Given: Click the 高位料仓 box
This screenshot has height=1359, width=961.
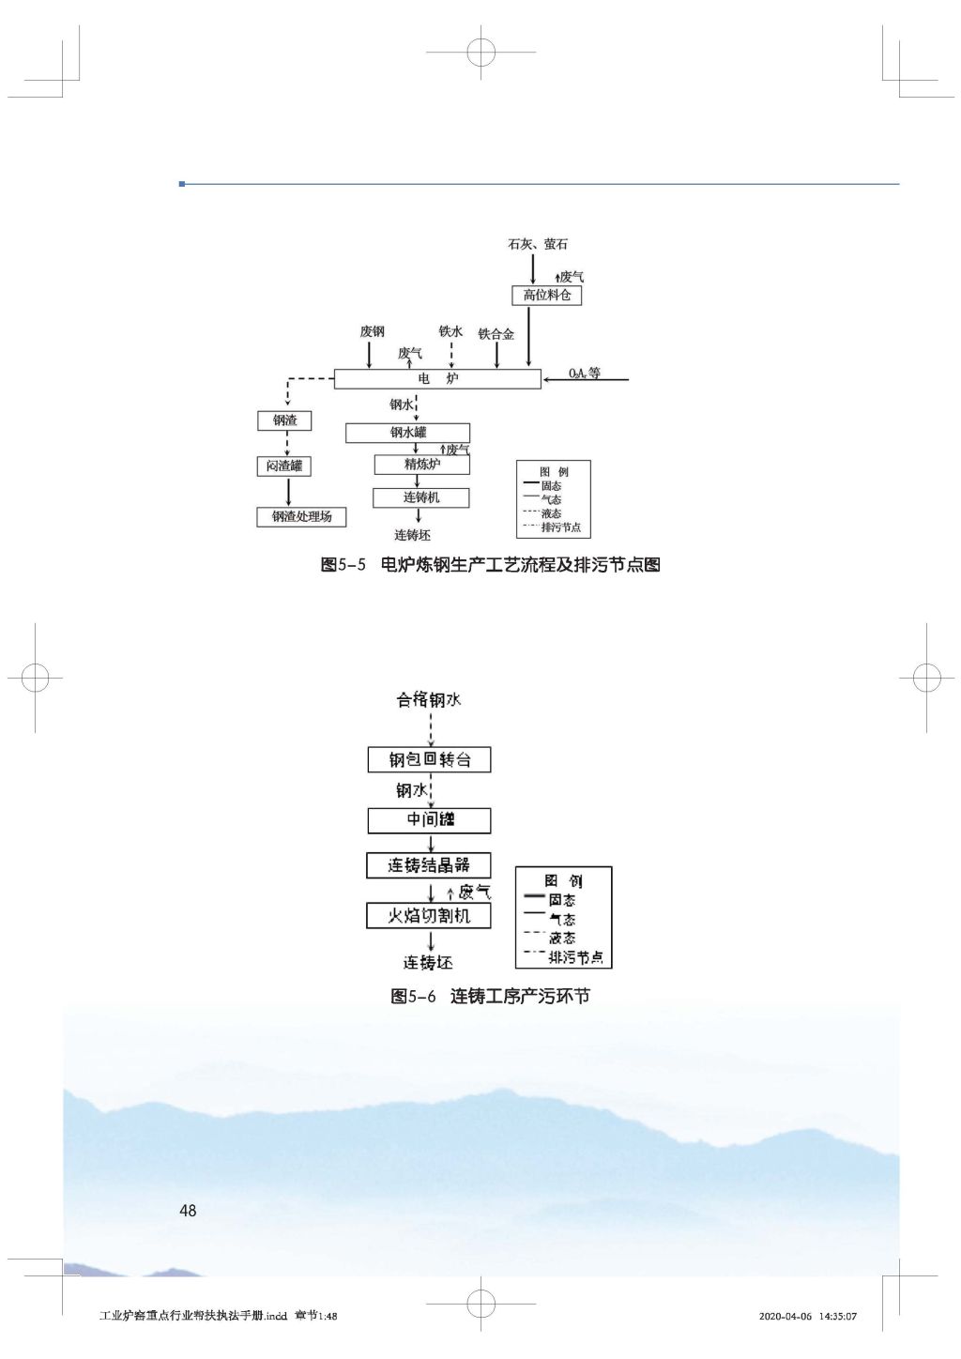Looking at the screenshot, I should pyautogui.click(x=547, y=295).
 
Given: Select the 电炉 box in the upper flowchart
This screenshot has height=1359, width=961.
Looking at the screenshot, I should pyautogui.click(x=437, y=378).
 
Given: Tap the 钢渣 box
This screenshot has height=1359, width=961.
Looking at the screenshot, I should pyautogui.click(x=284, y=420).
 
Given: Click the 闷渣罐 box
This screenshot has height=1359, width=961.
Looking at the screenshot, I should pyautogui.click(x=284, y=466).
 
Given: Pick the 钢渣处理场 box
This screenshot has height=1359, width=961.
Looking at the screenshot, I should pyautogui.click(x=301, y=516).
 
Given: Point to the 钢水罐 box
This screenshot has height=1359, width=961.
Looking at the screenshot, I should pyautogui.click(x=407, y=433).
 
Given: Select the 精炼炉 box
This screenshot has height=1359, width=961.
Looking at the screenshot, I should pyautogui.click(x=421, y=464).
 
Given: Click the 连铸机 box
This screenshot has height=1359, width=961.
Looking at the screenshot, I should pyautogui.click(x=420, y=497).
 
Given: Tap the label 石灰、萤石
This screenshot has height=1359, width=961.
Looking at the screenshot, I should pyautogui.click(x=538, y=244).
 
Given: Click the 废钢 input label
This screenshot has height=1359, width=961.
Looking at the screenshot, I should pyautogui.click(x=372, y=331).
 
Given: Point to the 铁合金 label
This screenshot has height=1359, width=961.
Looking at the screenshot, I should pyautogui.click(x=496, y=334).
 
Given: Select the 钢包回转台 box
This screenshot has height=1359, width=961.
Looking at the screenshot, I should pyautogui.click(x=429, y=759).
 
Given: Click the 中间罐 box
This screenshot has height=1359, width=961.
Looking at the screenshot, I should pyautogui.click(x=429, y=820).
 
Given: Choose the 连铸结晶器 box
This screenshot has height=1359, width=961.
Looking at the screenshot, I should pyautogui.click(x=429, y=865).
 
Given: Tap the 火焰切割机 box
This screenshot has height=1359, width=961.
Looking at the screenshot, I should pyautogui.click(x=429, y=915).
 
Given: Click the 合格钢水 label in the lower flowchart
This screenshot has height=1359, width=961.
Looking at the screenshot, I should pyautogui.click(x=429, y=699).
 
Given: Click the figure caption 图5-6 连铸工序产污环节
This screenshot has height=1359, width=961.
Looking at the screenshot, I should pyautogui.click(x=490, y=996).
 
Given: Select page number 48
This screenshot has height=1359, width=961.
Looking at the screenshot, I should pyautogui.click(x=188, y=1211).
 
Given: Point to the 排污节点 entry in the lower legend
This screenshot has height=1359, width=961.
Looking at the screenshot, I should pyautogui.click(x=575, y=957).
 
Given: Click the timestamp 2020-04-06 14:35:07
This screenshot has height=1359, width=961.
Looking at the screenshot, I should pyautogui.click(x=807, y=1316).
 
